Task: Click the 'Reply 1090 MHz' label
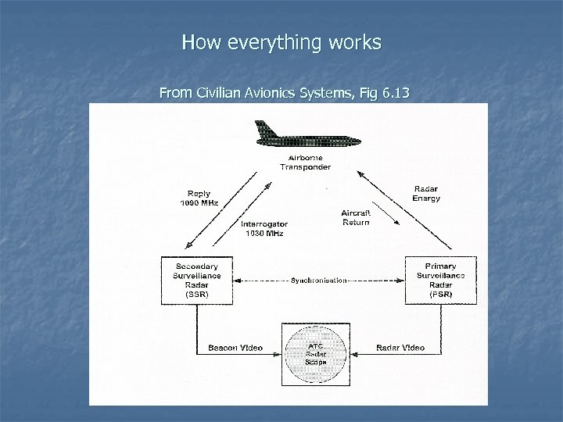[199, 198]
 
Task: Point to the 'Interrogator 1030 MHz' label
[263, 228]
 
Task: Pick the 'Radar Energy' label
[425, 194]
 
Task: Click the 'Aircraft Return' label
[355, 218]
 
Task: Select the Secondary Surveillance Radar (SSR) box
[196, 280]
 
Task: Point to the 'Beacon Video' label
[235, 348]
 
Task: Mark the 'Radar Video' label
[400, 348]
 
